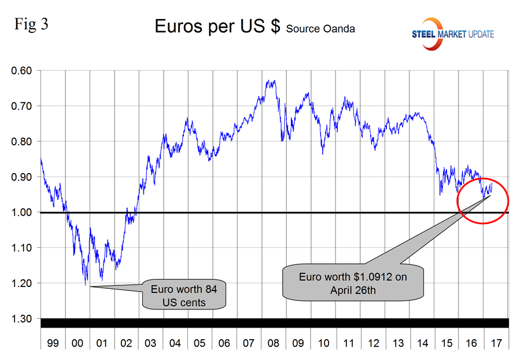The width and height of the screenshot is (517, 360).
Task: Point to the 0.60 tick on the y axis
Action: (22, 71)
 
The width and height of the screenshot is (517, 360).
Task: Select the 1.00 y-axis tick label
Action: (22, 212)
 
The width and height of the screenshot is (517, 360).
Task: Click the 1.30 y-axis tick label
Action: (22, 319)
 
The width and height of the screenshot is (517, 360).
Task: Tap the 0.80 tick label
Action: (22, 141)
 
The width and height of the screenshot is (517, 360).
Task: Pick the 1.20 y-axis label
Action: (22, 283)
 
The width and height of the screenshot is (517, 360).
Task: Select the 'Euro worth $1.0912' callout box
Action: (353, 283)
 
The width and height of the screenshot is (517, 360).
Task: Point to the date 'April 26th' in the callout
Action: (353, 290)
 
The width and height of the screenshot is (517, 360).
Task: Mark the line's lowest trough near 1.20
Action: (86, 284)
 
